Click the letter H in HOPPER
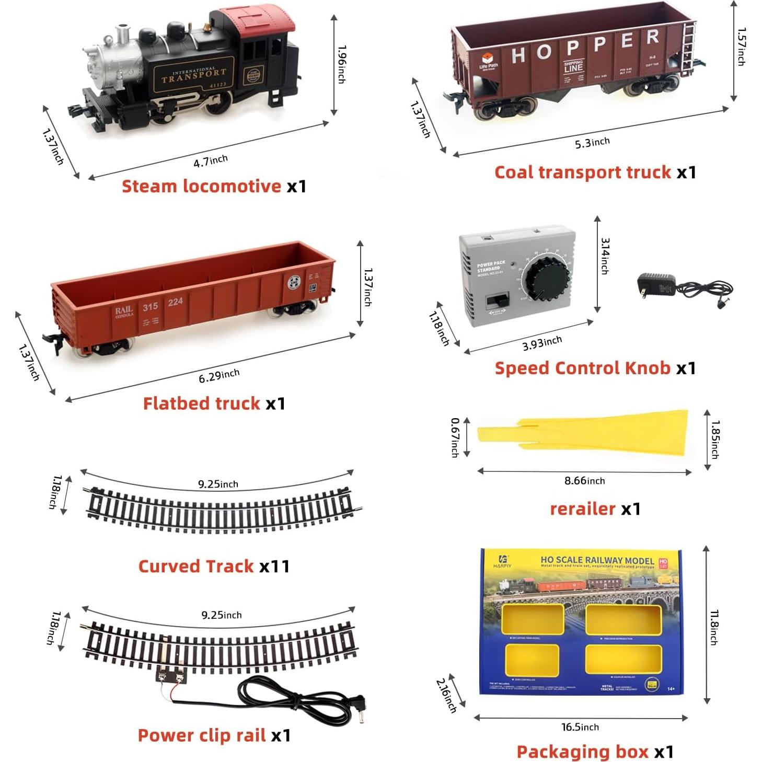point(518,55)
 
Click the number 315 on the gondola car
point(151,306)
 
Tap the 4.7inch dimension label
point(210,161)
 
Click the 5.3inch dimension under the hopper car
point(592,143)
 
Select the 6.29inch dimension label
point(219,375)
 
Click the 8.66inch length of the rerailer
point(584,481)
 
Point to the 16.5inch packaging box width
point(580,727)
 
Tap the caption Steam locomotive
point(201,187)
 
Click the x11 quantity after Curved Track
point(274,567)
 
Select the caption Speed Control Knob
point(582,368)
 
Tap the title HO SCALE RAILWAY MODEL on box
point(597,561)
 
